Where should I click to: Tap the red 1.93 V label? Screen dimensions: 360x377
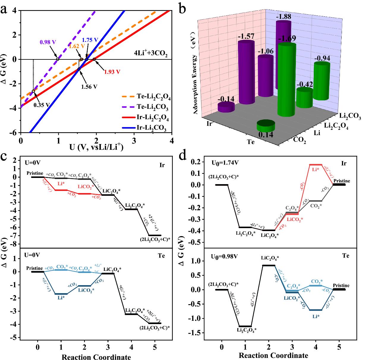(x=112, y=72)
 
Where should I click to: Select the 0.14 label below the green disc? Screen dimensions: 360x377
(x=265, y=135)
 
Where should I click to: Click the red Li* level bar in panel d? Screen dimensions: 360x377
(x=316, y=165)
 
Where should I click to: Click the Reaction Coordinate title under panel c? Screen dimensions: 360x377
(x=96, y=357)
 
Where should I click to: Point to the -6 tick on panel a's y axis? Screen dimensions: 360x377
(x=15, y=133)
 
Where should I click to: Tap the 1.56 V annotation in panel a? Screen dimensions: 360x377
(x=89, y=87)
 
